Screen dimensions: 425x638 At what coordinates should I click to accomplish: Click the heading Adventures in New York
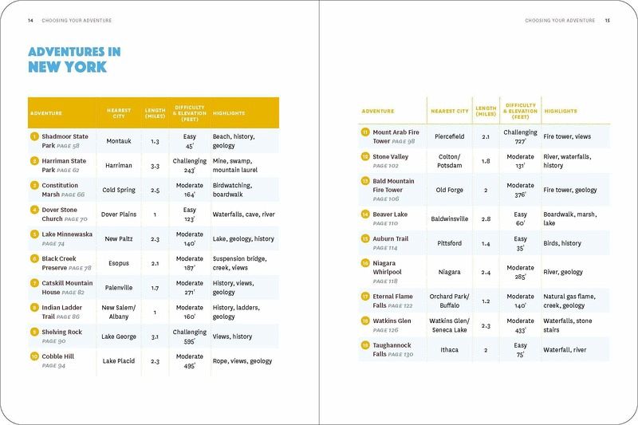pos(74,60)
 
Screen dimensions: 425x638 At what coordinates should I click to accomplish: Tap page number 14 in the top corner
pos(30,20)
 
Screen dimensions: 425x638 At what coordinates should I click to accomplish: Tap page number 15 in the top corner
pos(607,20)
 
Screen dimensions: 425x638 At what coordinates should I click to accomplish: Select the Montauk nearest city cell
pos(118,141)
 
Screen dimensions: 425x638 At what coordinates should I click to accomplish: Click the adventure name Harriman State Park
pos(64,165)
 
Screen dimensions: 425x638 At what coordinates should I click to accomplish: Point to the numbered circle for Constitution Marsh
pos(34,185)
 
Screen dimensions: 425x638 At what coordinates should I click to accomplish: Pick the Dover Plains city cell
pos(118,214)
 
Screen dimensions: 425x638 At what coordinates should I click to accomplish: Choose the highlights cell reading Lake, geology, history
pos(242,238)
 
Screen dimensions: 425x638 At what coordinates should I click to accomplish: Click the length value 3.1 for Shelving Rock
pos(155,336)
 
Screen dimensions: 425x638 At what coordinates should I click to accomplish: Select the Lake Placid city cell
pos(118,361)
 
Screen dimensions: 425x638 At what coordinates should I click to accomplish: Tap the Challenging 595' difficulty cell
pos(189,336)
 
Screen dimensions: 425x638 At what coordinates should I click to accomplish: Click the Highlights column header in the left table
pos(229,113)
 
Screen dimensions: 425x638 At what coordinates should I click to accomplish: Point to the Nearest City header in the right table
pos(450,111)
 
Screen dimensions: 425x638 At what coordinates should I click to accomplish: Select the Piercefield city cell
pos(450,136)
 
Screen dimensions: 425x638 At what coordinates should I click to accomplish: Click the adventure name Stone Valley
pos(390,157)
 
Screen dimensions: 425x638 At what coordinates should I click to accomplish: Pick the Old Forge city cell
pos(450,190)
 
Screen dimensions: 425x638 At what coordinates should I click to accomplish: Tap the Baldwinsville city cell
pos(450,218)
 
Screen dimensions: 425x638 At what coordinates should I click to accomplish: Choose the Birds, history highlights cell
pos(562,243)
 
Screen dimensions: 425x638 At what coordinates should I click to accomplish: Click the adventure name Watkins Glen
pos(392,321)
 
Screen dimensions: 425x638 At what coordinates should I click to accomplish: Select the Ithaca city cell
pos(450,350)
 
